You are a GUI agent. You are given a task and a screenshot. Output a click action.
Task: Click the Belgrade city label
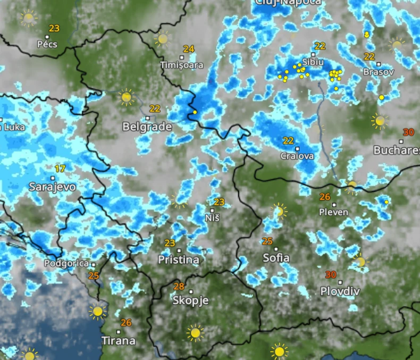click(x=147, y=127)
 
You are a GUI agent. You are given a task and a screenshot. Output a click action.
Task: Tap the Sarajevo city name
click(x=52, y=187)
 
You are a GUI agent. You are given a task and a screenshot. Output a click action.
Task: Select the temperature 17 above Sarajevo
click(x=60, y=169)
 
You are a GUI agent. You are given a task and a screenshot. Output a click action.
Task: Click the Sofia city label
click(x=276, y=258)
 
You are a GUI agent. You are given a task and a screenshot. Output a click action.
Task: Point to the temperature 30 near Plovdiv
click(x=331, y=275)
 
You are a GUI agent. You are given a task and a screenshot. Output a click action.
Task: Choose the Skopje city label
click(x=190, y=300)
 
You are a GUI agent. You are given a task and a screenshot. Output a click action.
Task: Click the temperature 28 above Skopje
click(x=179, y=287)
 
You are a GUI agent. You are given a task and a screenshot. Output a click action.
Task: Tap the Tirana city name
click(x=119, y=340)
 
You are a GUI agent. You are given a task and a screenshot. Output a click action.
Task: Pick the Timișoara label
click(x=182, y=65)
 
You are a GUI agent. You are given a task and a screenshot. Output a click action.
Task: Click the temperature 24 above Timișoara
click(x=189, y=49)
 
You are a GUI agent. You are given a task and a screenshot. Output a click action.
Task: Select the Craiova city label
click(x=297, y=156)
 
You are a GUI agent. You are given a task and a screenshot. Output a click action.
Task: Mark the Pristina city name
click(x=179, y=260)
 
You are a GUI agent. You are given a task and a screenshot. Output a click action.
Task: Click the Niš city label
click(x=212, y=218)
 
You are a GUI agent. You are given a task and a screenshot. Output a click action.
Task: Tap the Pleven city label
click(x=334, y=212)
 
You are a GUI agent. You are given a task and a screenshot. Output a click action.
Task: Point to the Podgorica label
click(x=66, y=263)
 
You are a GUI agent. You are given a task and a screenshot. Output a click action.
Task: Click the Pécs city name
click(x=47, y=45)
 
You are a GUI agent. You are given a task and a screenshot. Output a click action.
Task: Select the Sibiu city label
click(x=313, y=62)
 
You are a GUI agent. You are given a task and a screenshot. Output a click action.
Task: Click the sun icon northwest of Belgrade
click(x=126, y=97)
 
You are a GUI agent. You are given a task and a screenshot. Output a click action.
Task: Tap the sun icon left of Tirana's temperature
click(x=97, y=312)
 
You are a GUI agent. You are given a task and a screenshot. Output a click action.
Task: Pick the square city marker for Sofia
click(x=276, y=248)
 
